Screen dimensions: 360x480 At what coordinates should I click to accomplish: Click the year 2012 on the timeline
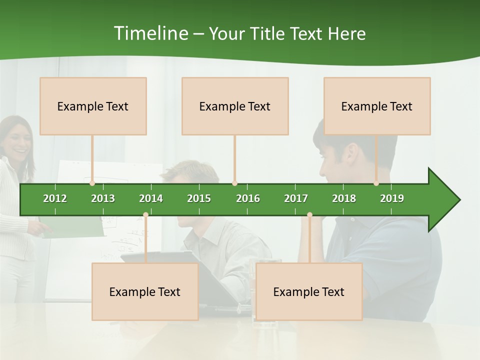pos(55,198)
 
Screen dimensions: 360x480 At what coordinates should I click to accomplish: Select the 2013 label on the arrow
pos(103,198)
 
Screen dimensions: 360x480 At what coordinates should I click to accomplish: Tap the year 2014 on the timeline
pos(151,198)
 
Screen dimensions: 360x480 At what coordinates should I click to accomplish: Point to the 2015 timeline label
pos(199,198)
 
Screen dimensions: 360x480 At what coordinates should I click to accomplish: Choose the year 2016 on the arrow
pos(248,198)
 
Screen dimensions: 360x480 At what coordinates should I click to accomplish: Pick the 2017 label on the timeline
pos(296,198)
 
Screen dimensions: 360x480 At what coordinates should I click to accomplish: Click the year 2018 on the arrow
pos(344,198)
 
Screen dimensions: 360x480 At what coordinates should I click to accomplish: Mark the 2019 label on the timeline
pos(392,198)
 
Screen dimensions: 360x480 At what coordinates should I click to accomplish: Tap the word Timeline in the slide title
pos(150,33)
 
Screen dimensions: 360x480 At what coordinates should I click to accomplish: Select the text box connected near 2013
pos(93,106)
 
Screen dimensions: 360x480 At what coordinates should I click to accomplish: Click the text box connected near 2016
pos(235,106)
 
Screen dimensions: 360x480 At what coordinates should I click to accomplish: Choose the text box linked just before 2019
pos(377,106)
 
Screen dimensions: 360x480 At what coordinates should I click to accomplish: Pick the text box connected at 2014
pos(145,291)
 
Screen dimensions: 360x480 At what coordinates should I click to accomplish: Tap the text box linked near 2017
pos(309,291)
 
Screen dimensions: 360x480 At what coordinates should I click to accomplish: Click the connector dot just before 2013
pos(92,183)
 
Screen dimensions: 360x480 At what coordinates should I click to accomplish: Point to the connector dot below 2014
pos(145,215)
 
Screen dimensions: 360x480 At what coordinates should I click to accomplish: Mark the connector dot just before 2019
pos(376,183)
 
